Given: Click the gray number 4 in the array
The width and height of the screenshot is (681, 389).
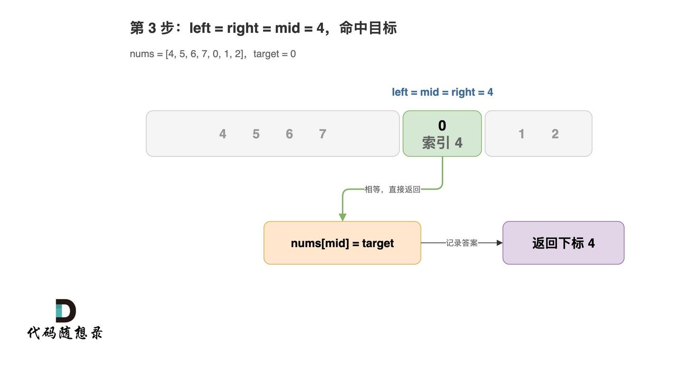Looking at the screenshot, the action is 223,134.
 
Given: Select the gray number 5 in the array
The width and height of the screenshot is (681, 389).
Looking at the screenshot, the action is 256,134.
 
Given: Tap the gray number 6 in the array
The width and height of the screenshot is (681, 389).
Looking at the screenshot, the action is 290,134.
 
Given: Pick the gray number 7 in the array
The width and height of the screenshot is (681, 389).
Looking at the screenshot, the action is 322,134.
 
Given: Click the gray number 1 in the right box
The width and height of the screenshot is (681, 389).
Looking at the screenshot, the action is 521,134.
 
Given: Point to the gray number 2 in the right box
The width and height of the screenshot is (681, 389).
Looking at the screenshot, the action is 555,134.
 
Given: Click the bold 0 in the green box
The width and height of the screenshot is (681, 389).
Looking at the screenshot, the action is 442,125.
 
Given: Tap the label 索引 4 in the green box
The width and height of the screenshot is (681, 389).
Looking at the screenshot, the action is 442,142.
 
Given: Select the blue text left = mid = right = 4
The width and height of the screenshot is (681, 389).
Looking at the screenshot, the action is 442,92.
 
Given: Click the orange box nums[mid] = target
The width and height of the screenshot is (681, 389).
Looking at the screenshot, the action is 342,243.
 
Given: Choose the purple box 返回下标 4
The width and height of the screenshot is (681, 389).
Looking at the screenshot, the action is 564,243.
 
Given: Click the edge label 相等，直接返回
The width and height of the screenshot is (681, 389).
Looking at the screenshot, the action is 392,190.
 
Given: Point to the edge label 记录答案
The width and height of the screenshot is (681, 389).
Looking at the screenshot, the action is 461,243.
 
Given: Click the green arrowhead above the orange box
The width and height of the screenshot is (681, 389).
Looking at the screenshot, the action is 342,217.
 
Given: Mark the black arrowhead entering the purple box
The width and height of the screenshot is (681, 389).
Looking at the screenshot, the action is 499,243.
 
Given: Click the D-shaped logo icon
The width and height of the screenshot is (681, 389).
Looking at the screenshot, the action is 66,310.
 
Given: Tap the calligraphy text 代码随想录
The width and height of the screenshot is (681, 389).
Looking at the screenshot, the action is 65,333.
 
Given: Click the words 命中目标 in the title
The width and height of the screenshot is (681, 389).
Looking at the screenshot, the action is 368,28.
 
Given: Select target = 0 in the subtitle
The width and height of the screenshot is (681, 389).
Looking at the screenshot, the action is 274,54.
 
